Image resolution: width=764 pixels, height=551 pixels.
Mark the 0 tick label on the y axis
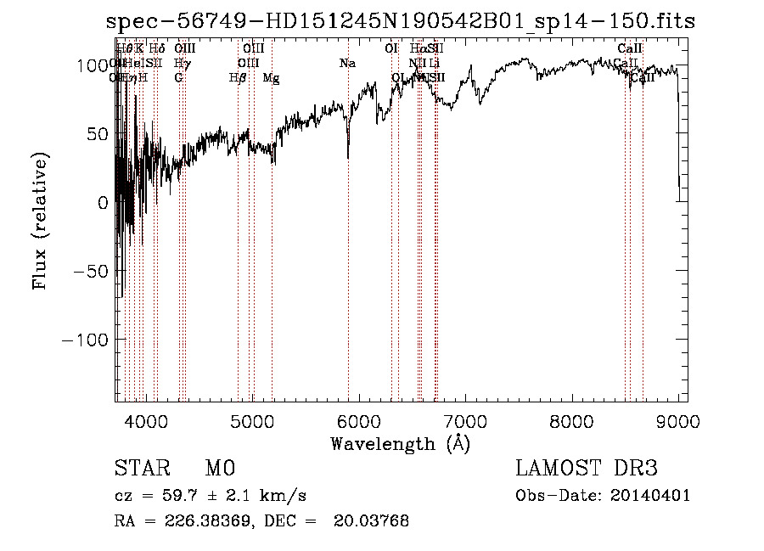coord(103,202)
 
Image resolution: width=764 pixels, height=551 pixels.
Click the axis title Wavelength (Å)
coord(401,443)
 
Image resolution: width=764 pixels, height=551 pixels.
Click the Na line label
coord(346,64)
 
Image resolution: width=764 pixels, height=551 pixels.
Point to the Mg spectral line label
coord(272,78)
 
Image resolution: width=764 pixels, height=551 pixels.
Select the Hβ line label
coord(238,78)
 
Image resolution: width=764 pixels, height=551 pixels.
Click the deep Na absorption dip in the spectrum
coord(348,155)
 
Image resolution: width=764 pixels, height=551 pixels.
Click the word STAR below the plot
coord(141,469)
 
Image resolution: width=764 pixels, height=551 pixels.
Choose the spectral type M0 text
coord(219,469)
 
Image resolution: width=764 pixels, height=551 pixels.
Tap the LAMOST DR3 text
coord(587,469)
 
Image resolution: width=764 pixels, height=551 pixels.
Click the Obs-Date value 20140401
coord(654,496)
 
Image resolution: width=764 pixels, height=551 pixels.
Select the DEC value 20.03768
coord(374,521)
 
